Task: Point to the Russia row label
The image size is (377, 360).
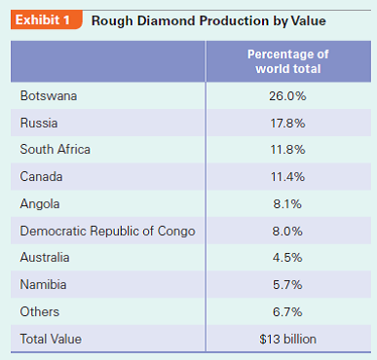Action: pos(40,124)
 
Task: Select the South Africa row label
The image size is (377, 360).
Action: pos(55,150)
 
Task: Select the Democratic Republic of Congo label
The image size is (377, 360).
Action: pos(107,231)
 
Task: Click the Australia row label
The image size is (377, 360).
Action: pos(46,258)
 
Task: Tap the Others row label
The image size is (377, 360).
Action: pos(40,311)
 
